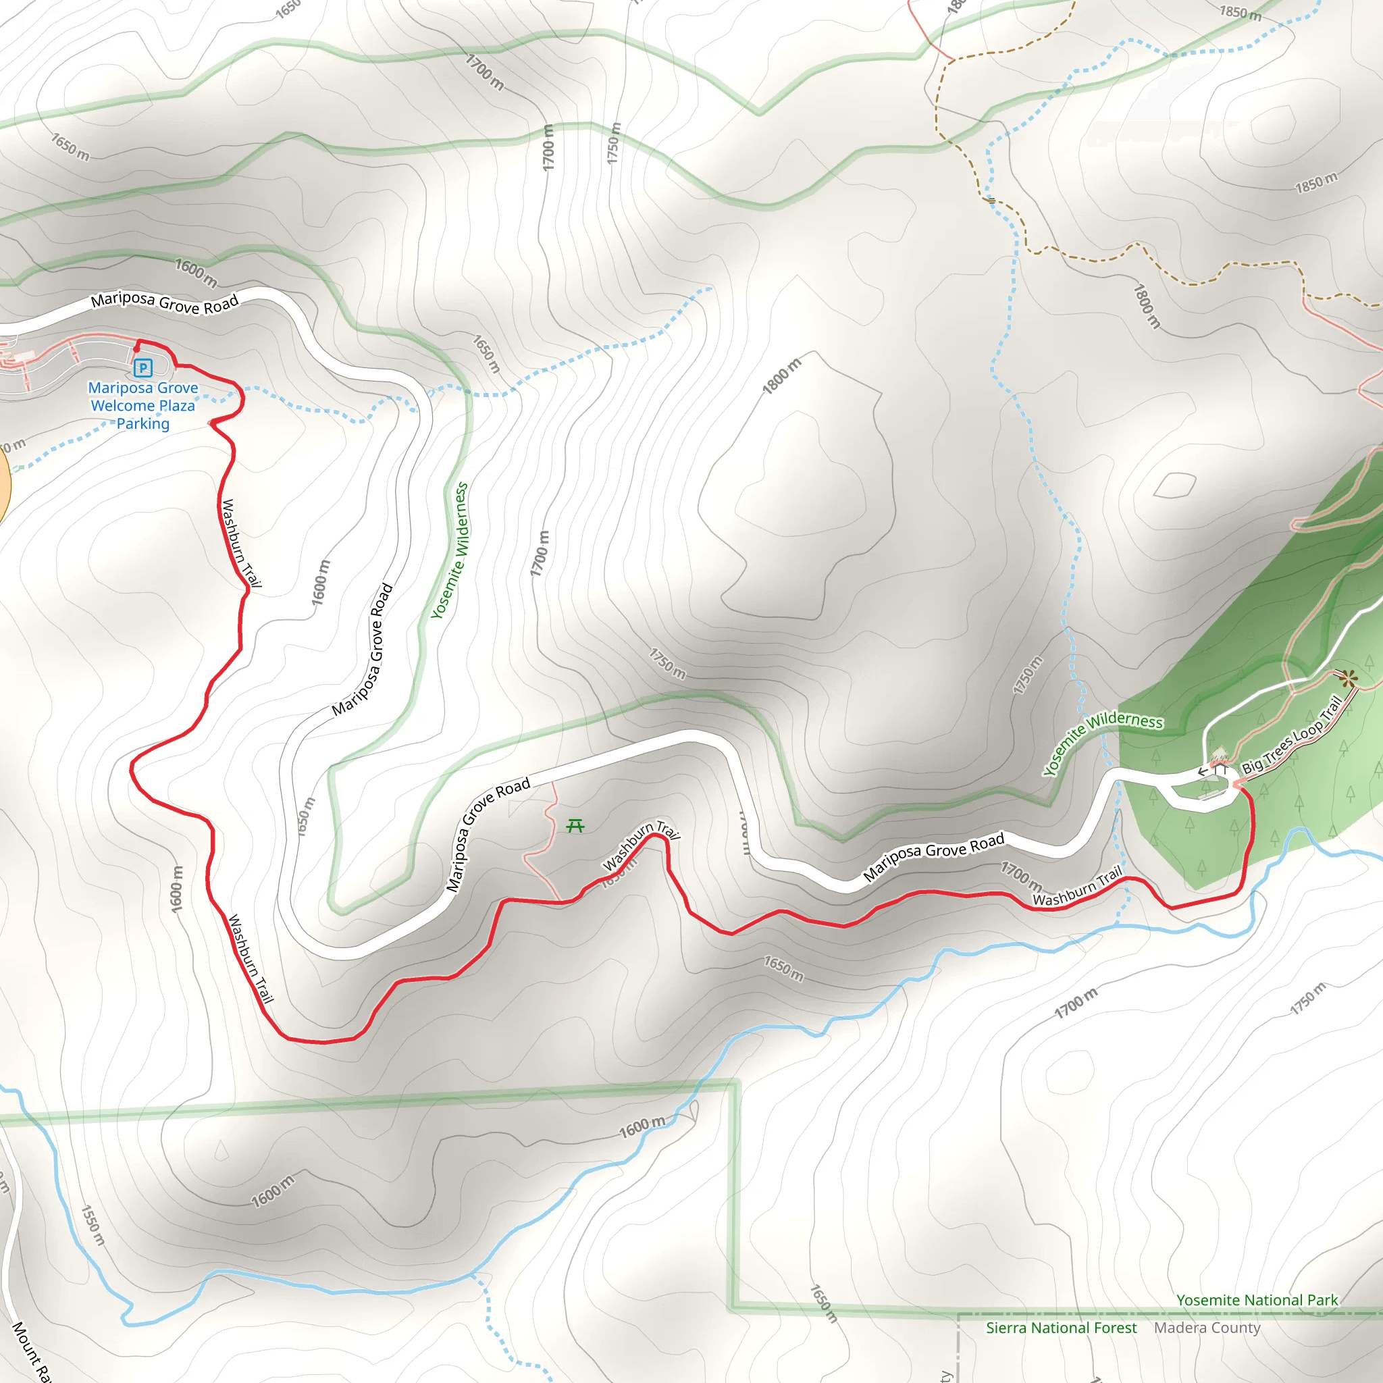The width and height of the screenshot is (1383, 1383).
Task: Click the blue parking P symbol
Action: tap(143, 369)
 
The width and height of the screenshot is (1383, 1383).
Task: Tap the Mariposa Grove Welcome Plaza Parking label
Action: tap(143, 406)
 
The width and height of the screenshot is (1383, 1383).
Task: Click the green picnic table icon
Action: tap(575, 827)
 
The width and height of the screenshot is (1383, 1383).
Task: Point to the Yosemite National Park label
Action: tap(1257, 1301)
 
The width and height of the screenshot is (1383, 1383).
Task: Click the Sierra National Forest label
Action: tap(1061, 1328)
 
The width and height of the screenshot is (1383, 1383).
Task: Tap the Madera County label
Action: tap(1207, 1328)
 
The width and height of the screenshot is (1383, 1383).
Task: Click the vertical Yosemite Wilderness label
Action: tap(450, 550)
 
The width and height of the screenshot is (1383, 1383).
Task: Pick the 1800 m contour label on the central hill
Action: tap(782, 377)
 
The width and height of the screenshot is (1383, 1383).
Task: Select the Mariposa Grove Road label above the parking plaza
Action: tap(165, 303)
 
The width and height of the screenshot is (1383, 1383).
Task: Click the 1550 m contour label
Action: tap(93, 1225)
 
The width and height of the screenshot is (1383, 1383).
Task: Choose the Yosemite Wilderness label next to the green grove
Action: tap(1102, 742)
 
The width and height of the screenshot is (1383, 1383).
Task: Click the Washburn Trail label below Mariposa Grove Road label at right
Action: tap(1077, 887)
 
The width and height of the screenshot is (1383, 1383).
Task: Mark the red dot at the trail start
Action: tap(136, 349)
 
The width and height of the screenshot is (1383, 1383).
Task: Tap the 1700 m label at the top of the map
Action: tap(485, 72)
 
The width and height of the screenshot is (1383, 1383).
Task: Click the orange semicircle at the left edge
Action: tap(3, 487)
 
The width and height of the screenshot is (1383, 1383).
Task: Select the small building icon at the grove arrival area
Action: tap(1219, 754)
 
